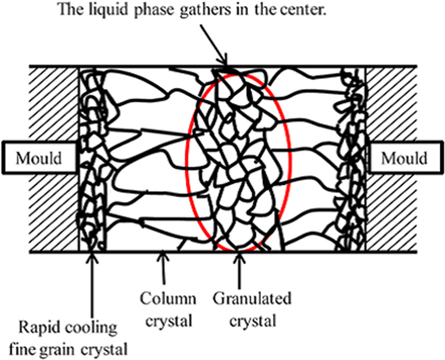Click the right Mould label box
407,158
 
